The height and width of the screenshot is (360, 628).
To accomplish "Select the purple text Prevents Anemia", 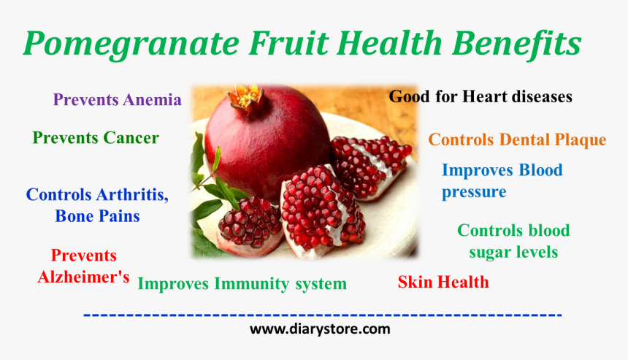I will [117, 100].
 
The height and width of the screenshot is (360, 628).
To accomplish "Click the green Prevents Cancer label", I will [96, 138].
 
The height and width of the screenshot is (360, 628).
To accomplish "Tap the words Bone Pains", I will [97, 216].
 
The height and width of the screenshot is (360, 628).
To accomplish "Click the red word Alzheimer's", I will [83, 277].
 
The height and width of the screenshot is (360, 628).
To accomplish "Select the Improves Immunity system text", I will [242, 283].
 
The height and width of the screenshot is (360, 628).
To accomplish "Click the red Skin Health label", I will [443, 282].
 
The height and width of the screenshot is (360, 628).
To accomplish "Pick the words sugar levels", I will [513, 253].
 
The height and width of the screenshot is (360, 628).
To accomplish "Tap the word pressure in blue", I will [474, 192].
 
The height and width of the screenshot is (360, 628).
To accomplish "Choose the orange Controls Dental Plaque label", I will [517, 139].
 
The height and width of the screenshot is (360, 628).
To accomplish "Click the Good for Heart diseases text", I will [480, 96].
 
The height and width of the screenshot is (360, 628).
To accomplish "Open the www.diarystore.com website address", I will [320, 329].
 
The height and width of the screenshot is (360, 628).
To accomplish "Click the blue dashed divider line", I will [322, 315].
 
